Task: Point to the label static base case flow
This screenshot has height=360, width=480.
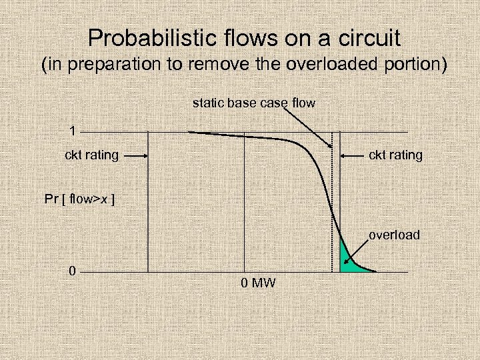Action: point(253,103)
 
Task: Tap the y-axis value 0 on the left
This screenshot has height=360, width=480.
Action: point(72,271)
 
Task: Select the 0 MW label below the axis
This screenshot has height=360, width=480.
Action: point(258,283)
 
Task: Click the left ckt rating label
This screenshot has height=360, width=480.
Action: point(91,155)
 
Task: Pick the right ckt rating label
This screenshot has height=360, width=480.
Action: point(395,155)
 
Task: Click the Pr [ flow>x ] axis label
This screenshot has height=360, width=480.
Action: point(79,199)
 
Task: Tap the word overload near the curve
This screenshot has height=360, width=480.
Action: point(394,235)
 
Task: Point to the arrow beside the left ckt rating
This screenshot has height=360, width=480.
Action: point(135,155)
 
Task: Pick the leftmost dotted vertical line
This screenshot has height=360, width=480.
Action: point(147,200)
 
